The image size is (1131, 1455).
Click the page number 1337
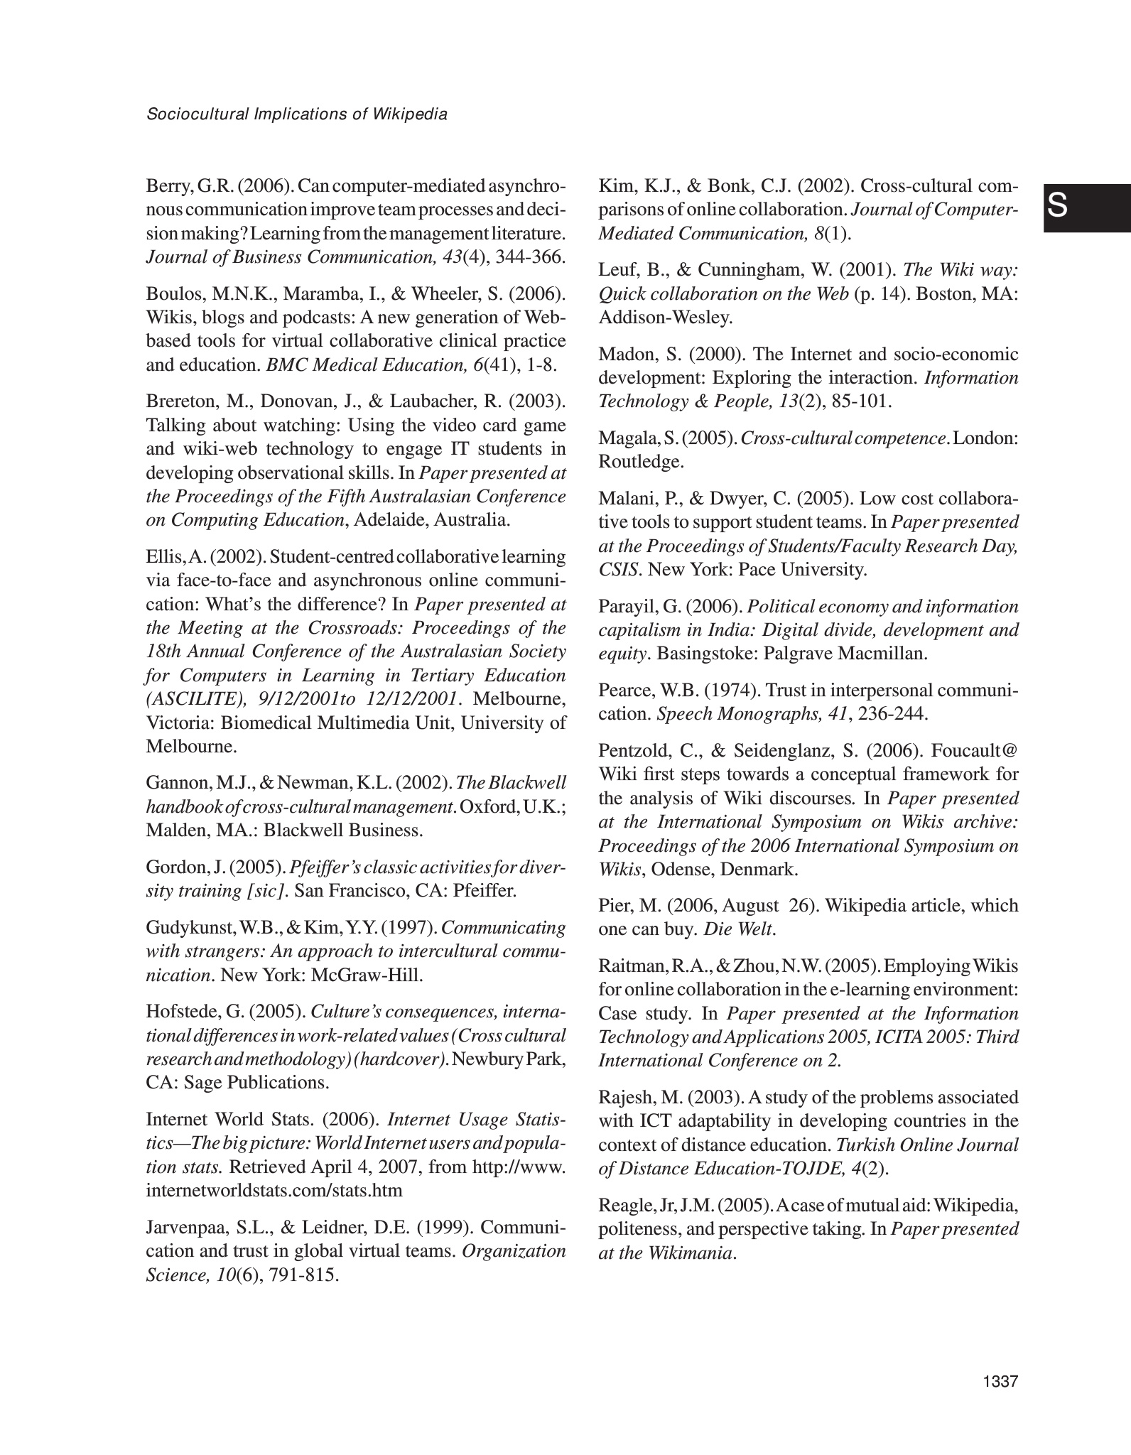[1001, 1382]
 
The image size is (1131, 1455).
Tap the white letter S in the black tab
[1057, 207]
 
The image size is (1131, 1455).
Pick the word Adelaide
[389, 519]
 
